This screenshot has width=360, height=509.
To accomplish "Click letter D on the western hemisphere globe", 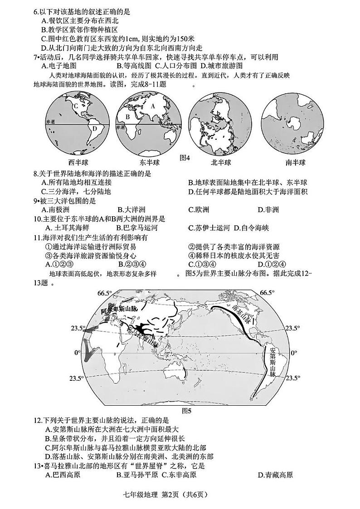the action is click(95, 128).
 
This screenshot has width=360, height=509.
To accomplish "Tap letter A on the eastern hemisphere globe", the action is click(153, 107).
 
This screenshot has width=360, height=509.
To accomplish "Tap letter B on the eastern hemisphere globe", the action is click(128, 116).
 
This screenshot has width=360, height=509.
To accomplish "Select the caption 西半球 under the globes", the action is click(78, 163).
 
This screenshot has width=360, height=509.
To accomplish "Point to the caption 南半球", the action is click(295, 163).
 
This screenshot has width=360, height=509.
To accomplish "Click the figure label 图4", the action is click(185, 158).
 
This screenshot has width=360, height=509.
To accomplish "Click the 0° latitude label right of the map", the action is click(294, 353).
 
